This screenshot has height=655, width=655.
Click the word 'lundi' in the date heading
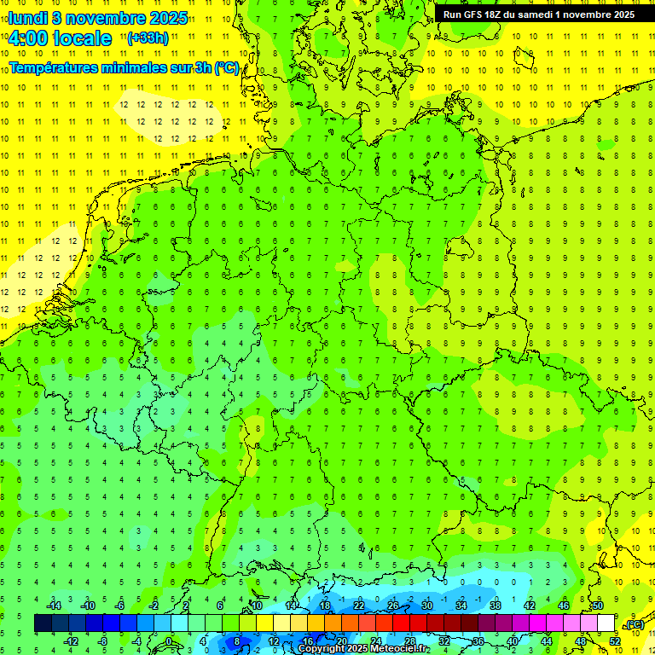28,18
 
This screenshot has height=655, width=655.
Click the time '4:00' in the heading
31,38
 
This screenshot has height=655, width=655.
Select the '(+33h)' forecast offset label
147,38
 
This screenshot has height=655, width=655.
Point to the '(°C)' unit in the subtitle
226,67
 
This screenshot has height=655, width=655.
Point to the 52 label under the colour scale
614,641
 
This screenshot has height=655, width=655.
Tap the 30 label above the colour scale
426,606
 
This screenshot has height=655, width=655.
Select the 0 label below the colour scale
168,641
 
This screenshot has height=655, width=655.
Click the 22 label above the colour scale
358,606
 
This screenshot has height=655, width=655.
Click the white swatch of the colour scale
606,623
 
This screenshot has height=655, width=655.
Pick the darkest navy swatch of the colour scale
43,623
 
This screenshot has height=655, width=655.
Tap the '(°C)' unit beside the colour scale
634,624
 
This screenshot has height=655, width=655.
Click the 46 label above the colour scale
563,606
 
